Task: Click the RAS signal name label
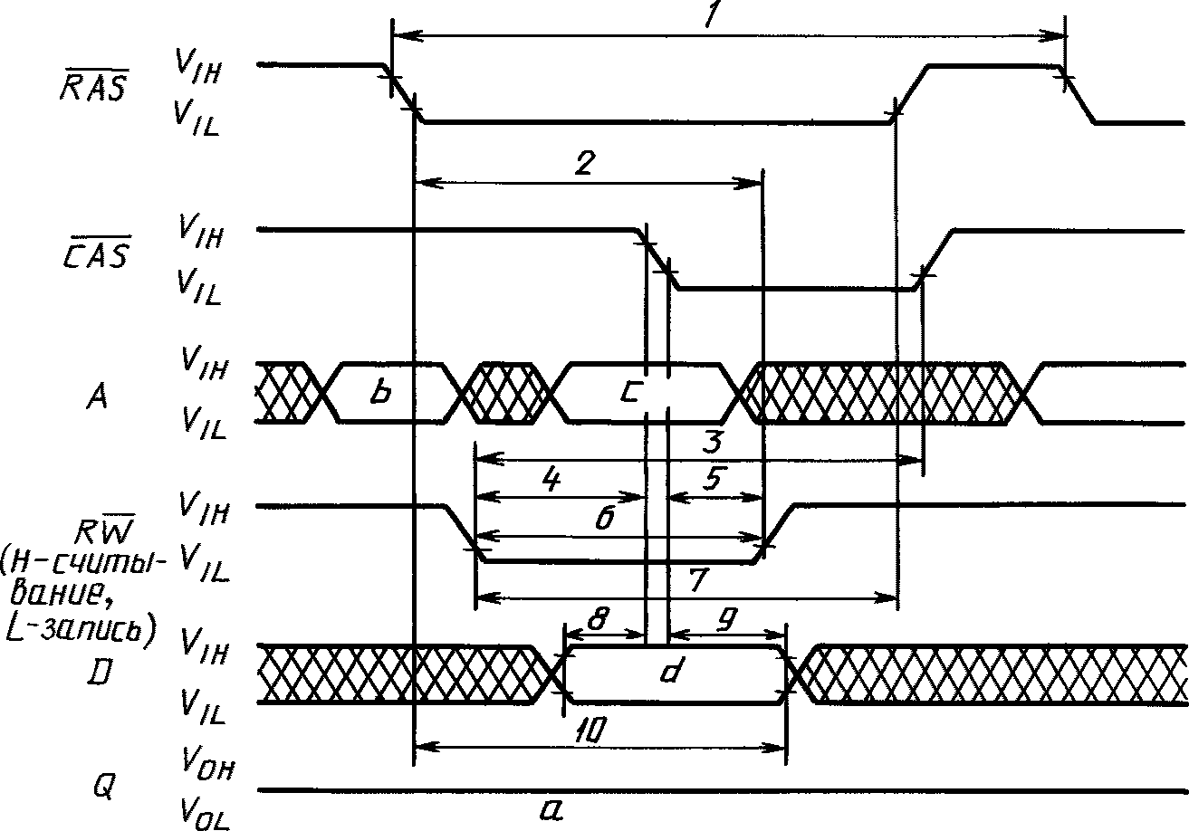click(x=94, y=85)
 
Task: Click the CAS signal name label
click(x=97, y=252)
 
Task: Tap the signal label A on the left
click(x=97, y=396)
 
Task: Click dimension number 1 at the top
click(x=711, y=14)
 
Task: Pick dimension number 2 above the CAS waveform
click(x=585, y=163)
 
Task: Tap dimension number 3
click(x=713, y=442)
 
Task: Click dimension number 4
click(x=551, y=481)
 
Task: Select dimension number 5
click(x=713, y=479)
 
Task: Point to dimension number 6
click(x=605, y=518)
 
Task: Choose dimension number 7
click(x=698, y=580)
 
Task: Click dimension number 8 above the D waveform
click(x=599, y=618)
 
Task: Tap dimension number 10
click(x=590, y=731)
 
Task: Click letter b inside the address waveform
click(x=380, y=392)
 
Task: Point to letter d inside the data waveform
click(x=671, y=671)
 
